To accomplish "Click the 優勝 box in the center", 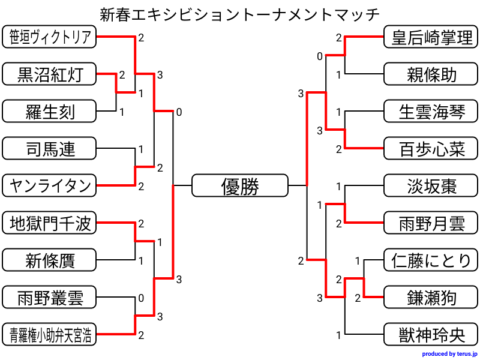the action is tap(240, 185).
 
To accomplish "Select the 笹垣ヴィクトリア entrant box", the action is tap(49, 37).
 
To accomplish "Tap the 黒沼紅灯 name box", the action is tap(49, 74).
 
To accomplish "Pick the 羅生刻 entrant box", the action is tap(49, 111).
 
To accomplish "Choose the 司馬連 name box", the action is tap(49, 148).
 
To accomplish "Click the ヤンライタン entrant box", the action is tap(49, 185).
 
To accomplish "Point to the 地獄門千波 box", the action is tap(49, 223).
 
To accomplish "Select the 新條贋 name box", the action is tap(49, 260).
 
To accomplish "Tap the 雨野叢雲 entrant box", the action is tap(49, 297).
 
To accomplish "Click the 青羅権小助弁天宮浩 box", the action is tap(49, 334).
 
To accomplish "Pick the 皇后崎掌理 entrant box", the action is tap(431, 37).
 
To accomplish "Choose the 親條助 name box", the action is tap(431, 74).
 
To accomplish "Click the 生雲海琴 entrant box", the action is tap(431, 111).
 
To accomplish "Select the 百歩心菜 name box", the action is tap(431, 148).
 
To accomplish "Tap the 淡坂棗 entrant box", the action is tap(431, 185).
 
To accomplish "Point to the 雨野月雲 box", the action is tap(431, 223).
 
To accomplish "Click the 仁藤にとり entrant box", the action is tap(431, 260).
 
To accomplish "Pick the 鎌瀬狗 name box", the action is tap(431, 297).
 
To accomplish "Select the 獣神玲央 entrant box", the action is tap(431, 334).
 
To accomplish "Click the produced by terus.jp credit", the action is tap(449, 354).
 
